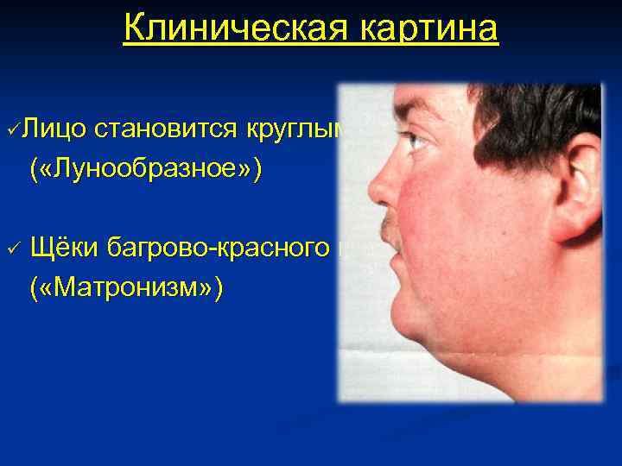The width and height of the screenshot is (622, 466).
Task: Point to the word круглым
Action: pyautogui.click(x=295, y=130)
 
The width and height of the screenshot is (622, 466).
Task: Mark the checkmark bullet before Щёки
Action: pyautogui.click(x=12, y=248)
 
